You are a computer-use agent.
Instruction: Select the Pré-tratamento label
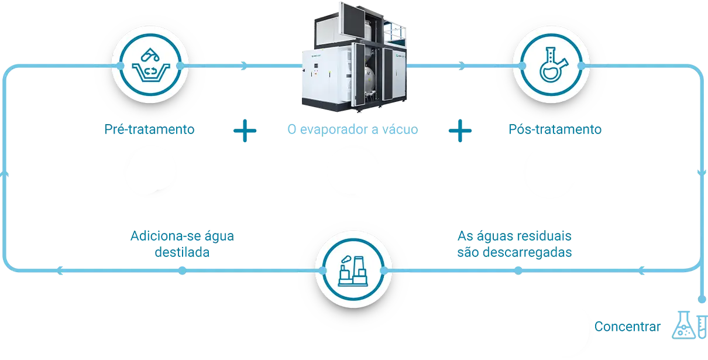tap(149, 129)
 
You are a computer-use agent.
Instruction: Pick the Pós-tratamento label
tap(554, 129)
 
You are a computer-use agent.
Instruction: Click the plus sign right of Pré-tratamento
tap(245, 131)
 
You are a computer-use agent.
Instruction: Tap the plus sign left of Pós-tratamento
tap(460, 131)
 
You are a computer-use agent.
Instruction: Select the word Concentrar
tap(627, 327)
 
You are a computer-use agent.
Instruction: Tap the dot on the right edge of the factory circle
tap(384, 270)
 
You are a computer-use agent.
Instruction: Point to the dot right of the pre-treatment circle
tap(180, 66)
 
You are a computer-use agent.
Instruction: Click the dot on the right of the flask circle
tap(582, 66)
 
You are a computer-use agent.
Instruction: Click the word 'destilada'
tap(182, 253)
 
